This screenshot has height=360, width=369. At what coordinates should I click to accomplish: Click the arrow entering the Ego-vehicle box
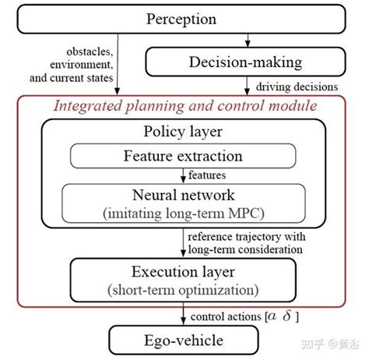[x=184, y=318]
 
